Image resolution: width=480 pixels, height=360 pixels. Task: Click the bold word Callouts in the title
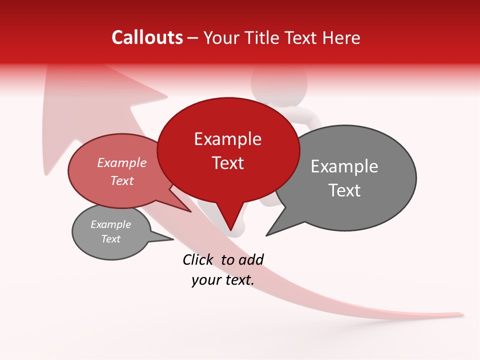147,37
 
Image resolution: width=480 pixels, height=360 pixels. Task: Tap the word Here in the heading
341,38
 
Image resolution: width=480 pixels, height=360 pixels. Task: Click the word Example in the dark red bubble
227,139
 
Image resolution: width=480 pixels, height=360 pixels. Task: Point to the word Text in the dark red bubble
227,163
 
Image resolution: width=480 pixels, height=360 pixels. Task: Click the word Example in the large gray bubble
344,166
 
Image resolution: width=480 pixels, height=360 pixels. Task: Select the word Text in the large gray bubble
344,190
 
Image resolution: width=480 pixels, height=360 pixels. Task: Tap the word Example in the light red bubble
122,163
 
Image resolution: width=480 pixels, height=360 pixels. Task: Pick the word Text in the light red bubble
122,181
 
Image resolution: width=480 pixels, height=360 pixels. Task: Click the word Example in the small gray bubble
111,224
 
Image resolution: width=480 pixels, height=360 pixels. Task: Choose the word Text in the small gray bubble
111,239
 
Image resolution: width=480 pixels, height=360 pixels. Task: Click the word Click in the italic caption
198,259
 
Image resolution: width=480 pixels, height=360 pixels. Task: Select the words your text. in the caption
223,280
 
